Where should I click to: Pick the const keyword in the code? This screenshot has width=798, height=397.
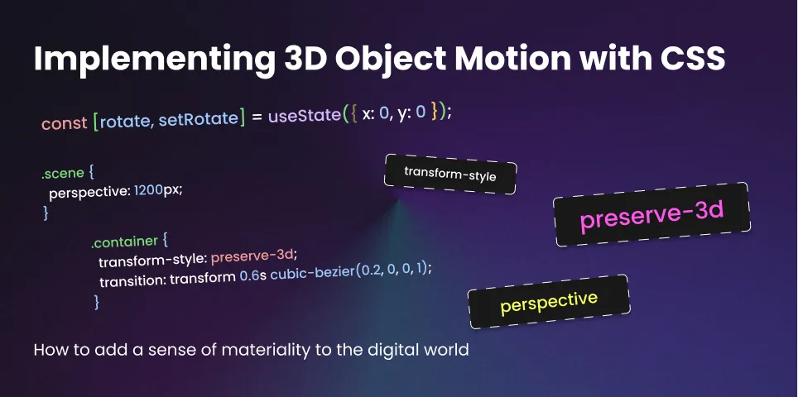tap(64, 123)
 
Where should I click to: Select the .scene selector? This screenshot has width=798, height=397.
tap(59, 175)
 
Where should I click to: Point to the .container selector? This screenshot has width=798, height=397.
tap(125, 242)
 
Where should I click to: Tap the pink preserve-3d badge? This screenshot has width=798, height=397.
tap(651, 214)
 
